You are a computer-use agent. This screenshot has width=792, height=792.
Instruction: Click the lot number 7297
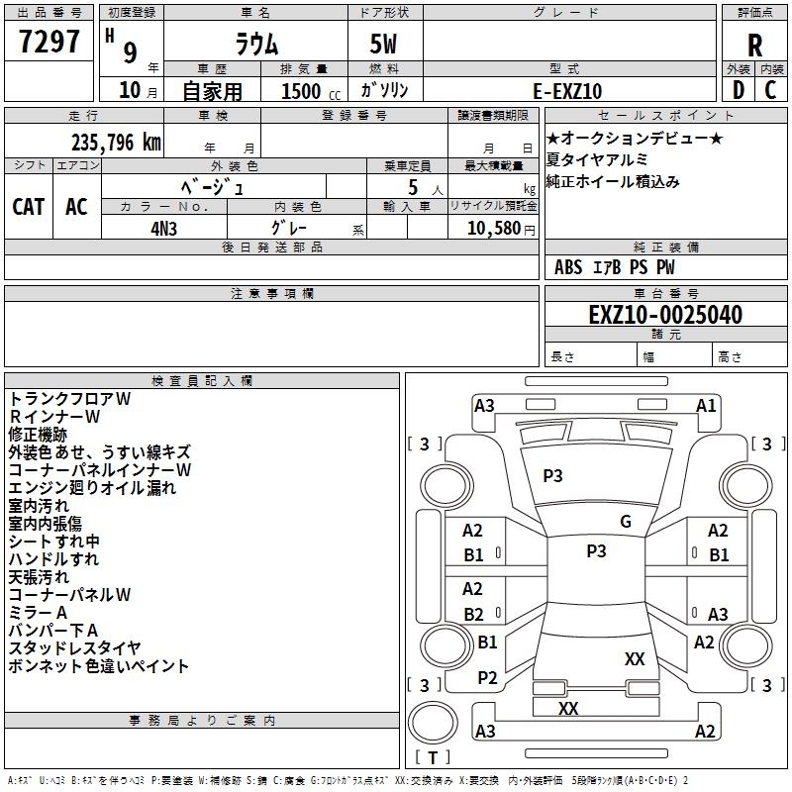click(x=49, y=43)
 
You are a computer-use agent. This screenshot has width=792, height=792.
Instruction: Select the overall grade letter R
click(x=754, y=46)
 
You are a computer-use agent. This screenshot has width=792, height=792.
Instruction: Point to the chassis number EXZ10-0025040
click(x=665, y=315)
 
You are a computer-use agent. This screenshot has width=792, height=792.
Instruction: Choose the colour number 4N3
click(x=164, y=226)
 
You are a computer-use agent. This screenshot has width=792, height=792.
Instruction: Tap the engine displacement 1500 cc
click(x=302, y=91)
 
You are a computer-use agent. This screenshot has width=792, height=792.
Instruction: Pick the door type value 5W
click(x=383, y=45)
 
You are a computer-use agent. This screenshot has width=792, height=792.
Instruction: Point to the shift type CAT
click(x=29, y=206)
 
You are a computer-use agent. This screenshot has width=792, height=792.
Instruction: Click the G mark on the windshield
click(x=626, y=521)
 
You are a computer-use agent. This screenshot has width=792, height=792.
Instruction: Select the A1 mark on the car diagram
click(x=706, y=405)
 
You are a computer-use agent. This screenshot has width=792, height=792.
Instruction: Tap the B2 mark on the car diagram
click(x=474, y=614)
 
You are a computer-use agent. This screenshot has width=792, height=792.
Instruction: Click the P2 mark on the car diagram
click(x=487, y=677)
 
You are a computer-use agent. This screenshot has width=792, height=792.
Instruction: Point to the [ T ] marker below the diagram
click(x=432, y=757)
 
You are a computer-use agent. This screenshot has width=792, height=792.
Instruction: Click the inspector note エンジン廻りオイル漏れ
click(x=92, y=487)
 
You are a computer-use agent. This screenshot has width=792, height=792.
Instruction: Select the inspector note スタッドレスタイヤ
click(x=85, y=648)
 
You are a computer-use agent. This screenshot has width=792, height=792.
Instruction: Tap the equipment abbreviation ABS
click(x=568, y=267)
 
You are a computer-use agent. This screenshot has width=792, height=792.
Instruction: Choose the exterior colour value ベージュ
click(x=213, y=186)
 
